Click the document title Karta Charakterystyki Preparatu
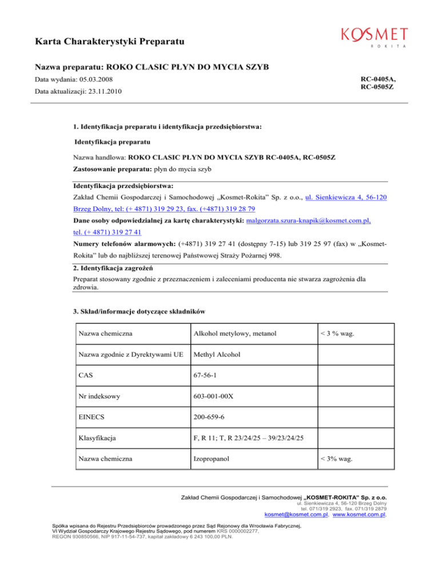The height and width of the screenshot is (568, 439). tap(109, 42)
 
